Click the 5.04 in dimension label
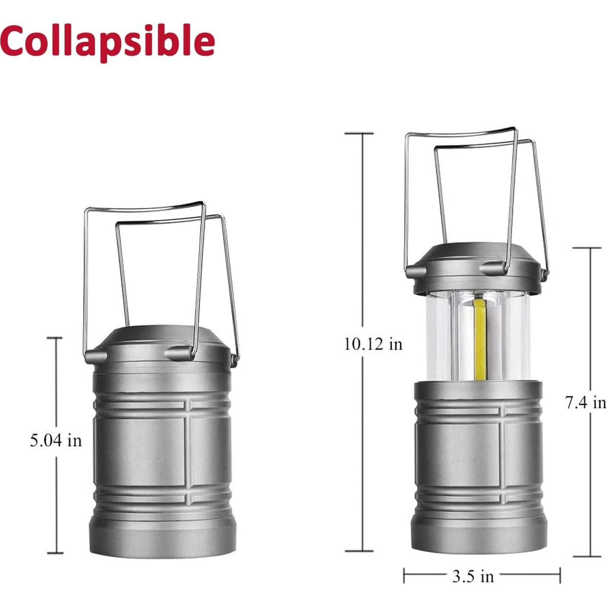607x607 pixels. (55, 441)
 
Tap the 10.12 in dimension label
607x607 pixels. (373, 344)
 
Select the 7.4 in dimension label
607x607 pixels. (586, 403)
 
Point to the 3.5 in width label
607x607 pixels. (473, 576)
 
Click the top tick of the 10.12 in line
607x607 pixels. (359, 134)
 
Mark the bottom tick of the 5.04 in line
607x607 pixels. (55, 553)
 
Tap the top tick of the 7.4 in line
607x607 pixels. (587, 248)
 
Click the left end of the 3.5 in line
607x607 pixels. (404, 576)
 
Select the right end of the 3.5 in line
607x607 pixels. (560, 576)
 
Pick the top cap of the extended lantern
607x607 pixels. (476, 259)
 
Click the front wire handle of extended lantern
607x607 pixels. (463, 132)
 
